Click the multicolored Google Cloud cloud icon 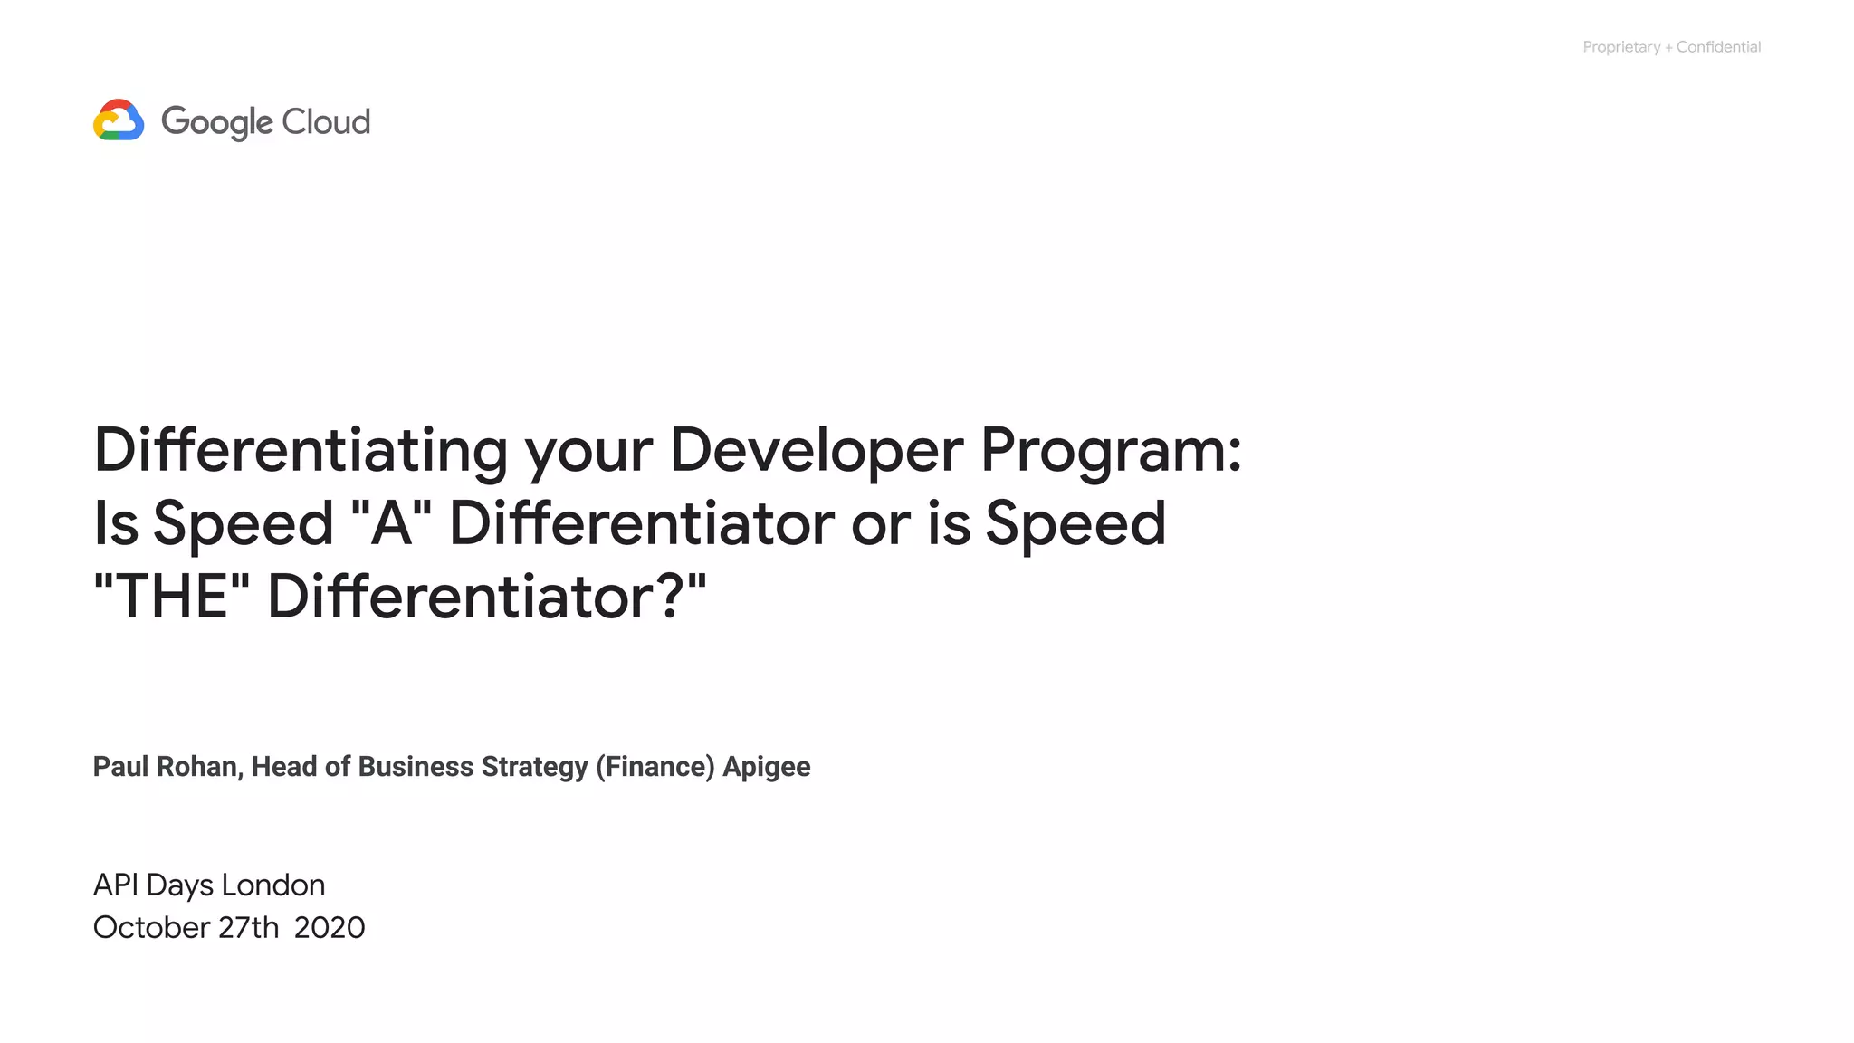click(119, 120)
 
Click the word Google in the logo click(216, 122)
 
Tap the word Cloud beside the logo click(326, 121)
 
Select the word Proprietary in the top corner click(1620, 47)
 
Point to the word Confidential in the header click(1718, 47)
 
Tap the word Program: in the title click(1111, 450)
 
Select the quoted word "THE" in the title click(172, 597)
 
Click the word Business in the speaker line click(416, 767)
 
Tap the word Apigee click(767, 767)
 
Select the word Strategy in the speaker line click(534, 767)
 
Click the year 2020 click(330, 927)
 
